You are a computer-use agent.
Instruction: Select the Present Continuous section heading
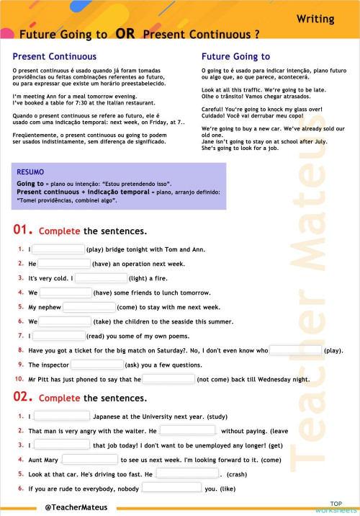pyautogui.click(x=55, y=56)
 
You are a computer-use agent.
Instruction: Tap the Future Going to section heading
pyautogui.click(x=235, y=56)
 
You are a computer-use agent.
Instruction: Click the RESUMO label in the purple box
pyautogui.click(x=30, y=172)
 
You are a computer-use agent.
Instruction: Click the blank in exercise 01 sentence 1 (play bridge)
pyautogui.click(x=58, y=249)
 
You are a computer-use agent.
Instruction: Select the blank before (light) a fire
pyautogui.click(x=101, y=278)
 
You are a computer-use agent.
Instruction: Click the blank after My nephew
pyautogui.click(x=89, y=307)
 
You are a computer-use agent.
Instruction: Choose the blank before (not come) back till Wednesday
pyautogui.click(x=168, y=379)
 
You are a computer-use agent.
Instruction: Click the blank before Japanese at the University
pyautogui.click(x=61, y=417)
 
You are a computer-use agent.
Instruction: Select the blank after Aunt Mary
pyautogui.click(x=89, y=460)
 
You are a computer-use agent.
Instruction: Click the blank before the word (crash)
pyautogui.click(x=186, y=475)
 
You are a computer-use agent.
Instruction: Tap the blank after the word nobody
pyautogui.click(x=171, y=489)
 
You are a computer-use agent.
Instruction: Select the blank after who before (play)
pyautogui.click(x=295, y=350)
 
